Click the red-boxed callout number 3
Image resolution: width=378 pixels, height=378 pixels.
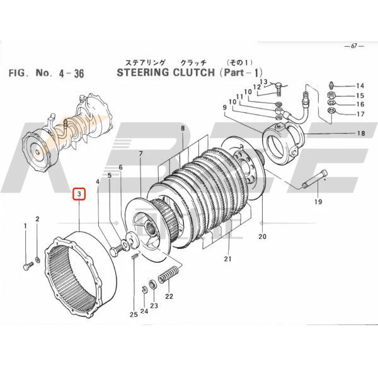[79, 195]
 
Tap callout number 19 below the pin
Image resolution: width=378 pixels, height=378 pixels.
[318, 202]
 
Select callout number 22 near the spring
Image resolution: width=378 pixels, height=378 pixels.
[168, 296]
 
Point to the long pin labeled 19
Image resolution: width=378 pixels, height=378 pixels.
[312, 182]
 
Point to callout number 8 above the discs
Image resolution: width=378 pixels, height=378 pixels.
[182, 128]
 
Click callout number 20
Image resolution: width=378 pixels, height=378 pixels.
[263, 238]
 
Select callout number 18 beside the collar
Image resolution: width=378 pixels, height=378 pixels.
[361, 134]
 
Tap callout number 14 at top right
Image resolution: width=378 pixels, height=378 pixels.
[360, 86]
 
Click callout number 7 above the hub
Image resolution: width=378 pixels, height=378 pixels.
[141, 154]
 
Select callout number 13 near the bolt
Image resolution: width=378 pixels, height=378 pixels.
[263, 82]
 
